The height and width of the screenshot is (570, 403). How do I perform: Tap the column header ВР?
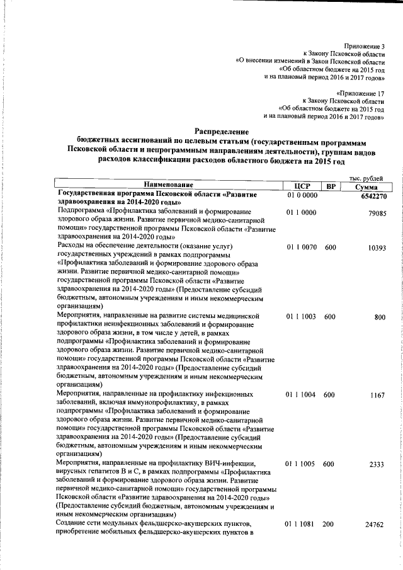(x=331, y=186)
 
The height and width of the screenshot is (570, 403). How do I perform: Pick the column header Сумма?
(x=366, y=186)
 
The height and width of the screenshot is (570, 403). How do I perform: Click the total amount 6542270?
(x=370, y=196)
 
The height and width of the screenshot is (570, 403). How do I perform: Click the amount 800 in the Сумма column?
(x=379, y=317)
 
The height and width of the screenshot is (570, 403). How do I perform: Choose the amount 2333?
(x=377, y=464)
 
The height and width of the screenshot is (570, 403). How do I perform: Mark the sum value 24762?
(x=374, y=525)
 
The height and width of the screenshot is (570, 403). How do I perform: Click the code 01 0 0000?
(x=301, y=195)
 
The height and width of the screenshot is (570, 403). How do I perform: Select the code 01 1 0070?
(x=301, y=248)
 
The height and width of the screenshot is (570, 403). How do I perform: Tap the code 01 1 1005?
(x=301, y=464)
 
